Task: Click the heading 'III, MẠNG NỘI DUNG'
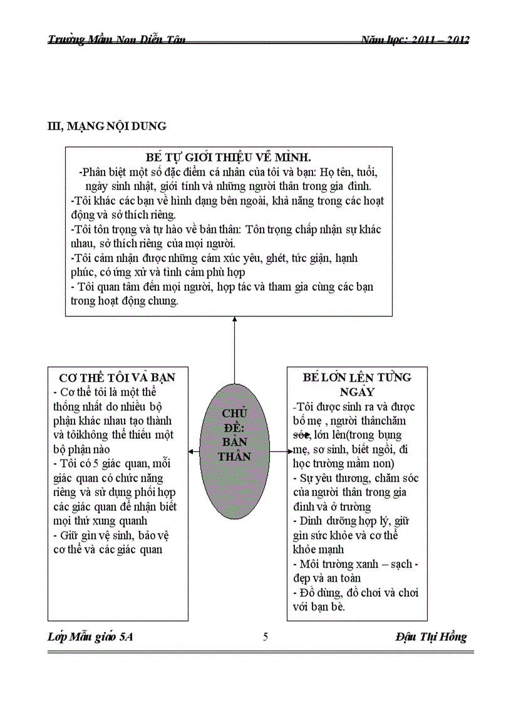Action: click(x=107, y=126)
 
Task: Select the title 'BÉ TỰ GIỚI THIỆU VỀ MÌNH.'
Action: click(x=229, y=157)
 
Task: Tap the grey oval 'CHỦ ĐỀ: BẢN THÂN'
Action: click(x=235, y=434)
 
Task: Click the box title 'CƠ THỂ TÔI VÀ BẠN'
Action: click(x=117, y=377)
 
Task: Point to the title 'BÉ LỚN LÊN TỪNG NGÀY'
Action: click(x=357, y=384)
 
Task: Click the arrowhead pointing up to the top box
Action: click(x=235, y=320)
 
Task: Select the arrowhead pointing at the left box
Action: click(x=191, y=451)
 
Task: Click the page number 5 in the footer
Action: click(x=266, y=638)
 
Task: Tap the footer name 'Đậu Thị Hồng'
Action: click(x=431, y=637)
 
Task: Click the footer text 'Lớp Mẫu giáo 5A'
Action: click(x=90, y=638)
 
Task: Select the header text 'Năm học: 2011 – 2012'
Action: click(x=415, y=40)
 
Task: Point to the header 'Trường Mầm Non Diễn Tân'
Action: click(x=116, y=40)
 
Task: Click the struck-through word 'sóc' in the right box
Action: click(x=302, y=435)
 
